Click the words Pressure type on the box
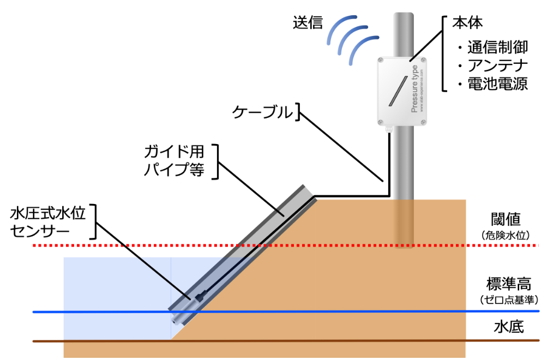(414, 89)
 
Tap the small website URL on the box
(422, 90)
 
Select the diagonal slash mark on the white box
(398, 91)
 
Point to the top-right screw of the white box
(423, 61)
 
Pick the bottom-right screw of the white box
(423, 122)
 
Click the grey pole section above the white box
(404, 33)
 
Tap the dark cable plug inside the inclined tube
(199, 297)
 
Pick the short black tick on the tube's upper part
(279, 212)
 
